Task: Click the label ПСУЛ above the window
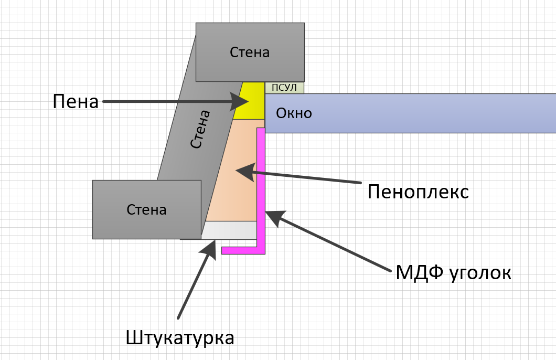click(x=284, y=88)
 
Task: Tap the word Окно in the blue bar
click(x=294, y=113)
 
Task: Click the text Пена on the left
click(x=76, y=101)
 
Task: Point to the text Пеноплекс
click(x=418, y=192)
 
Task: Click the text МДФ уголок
click(x=453, y=273)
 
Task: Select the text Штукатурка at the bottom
click(x=180, y=337)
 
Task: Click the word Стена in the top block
click(x=250, y=52)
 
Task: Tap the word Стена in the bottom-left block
click(x=146, y=210)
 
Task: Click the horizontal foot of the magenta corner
click(x=241, y=250)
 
